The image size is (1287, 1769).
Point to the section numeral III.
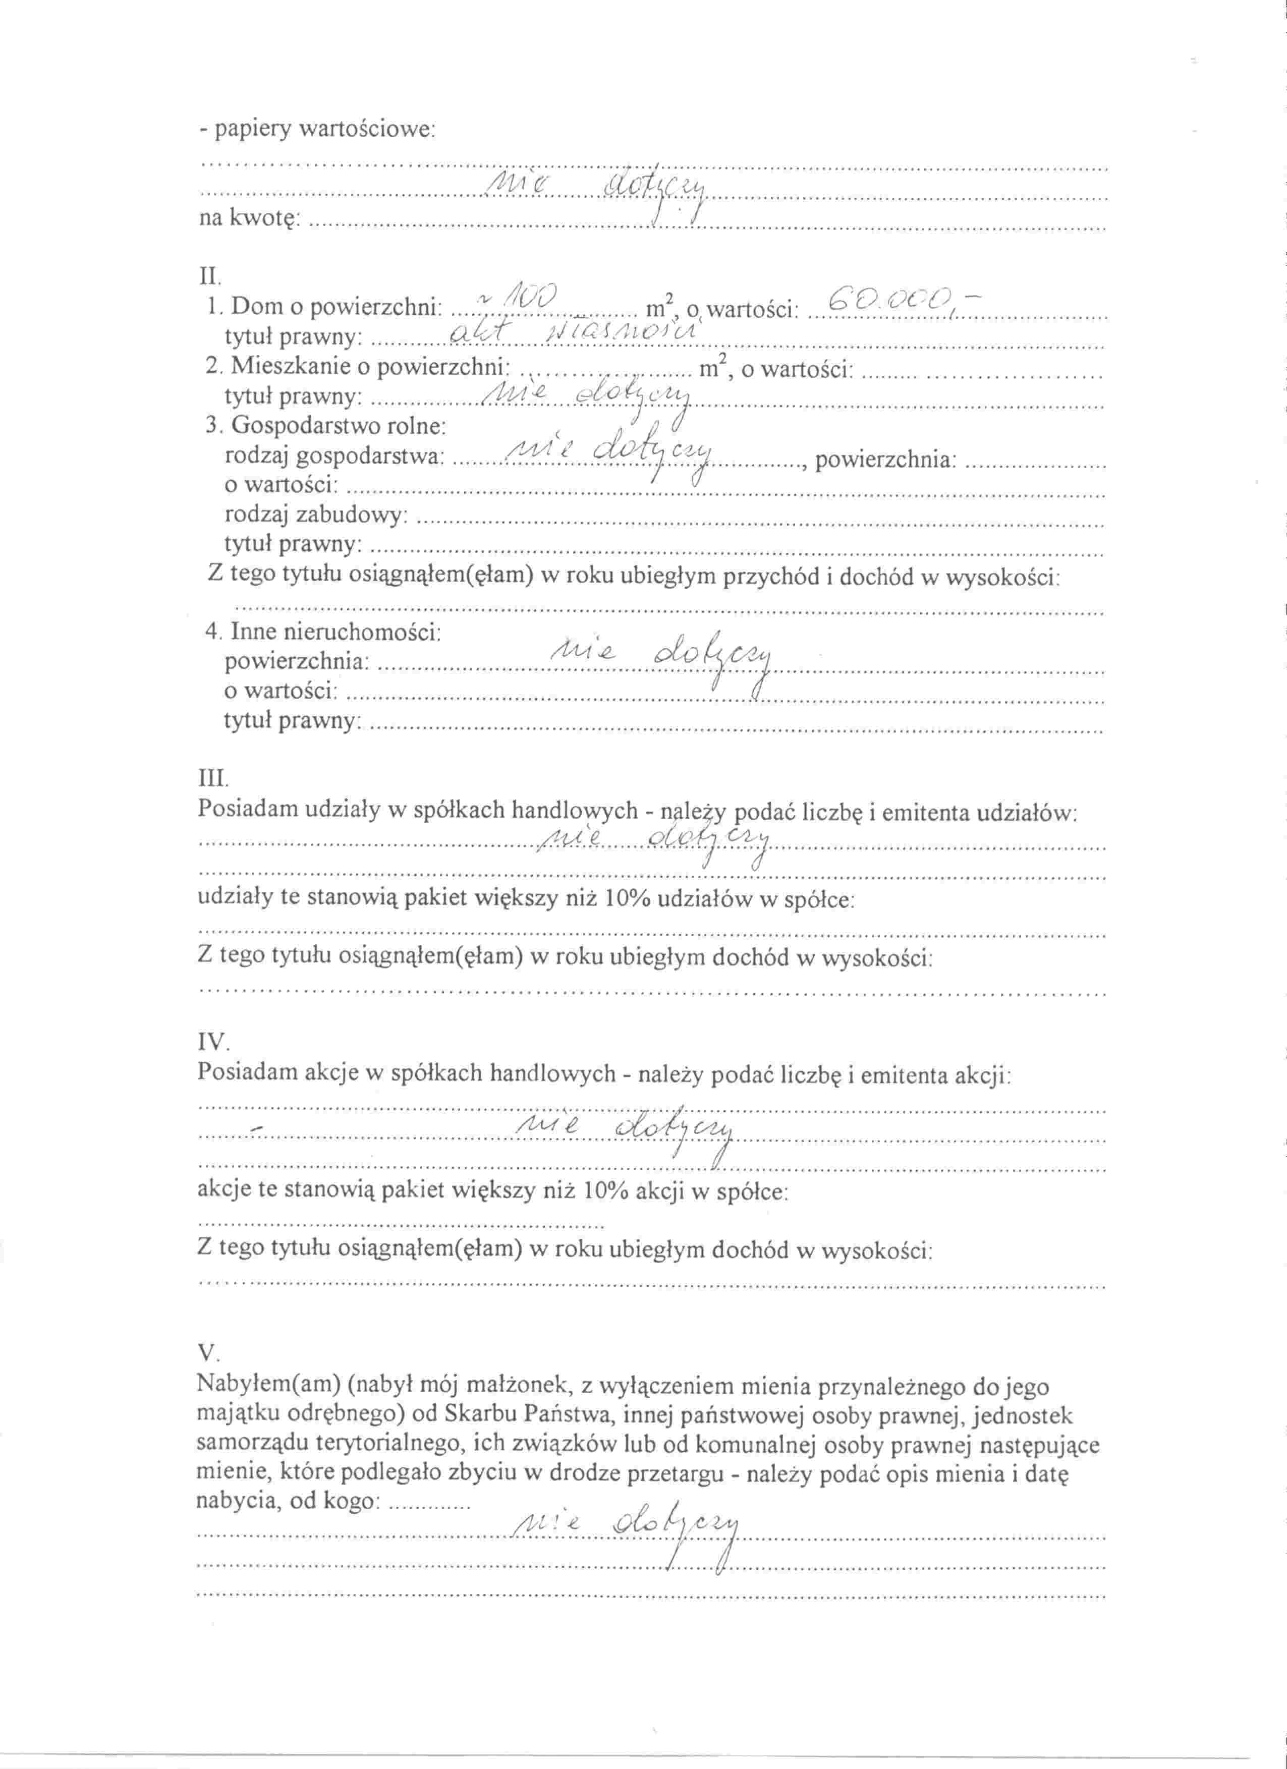click(213, 778)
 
